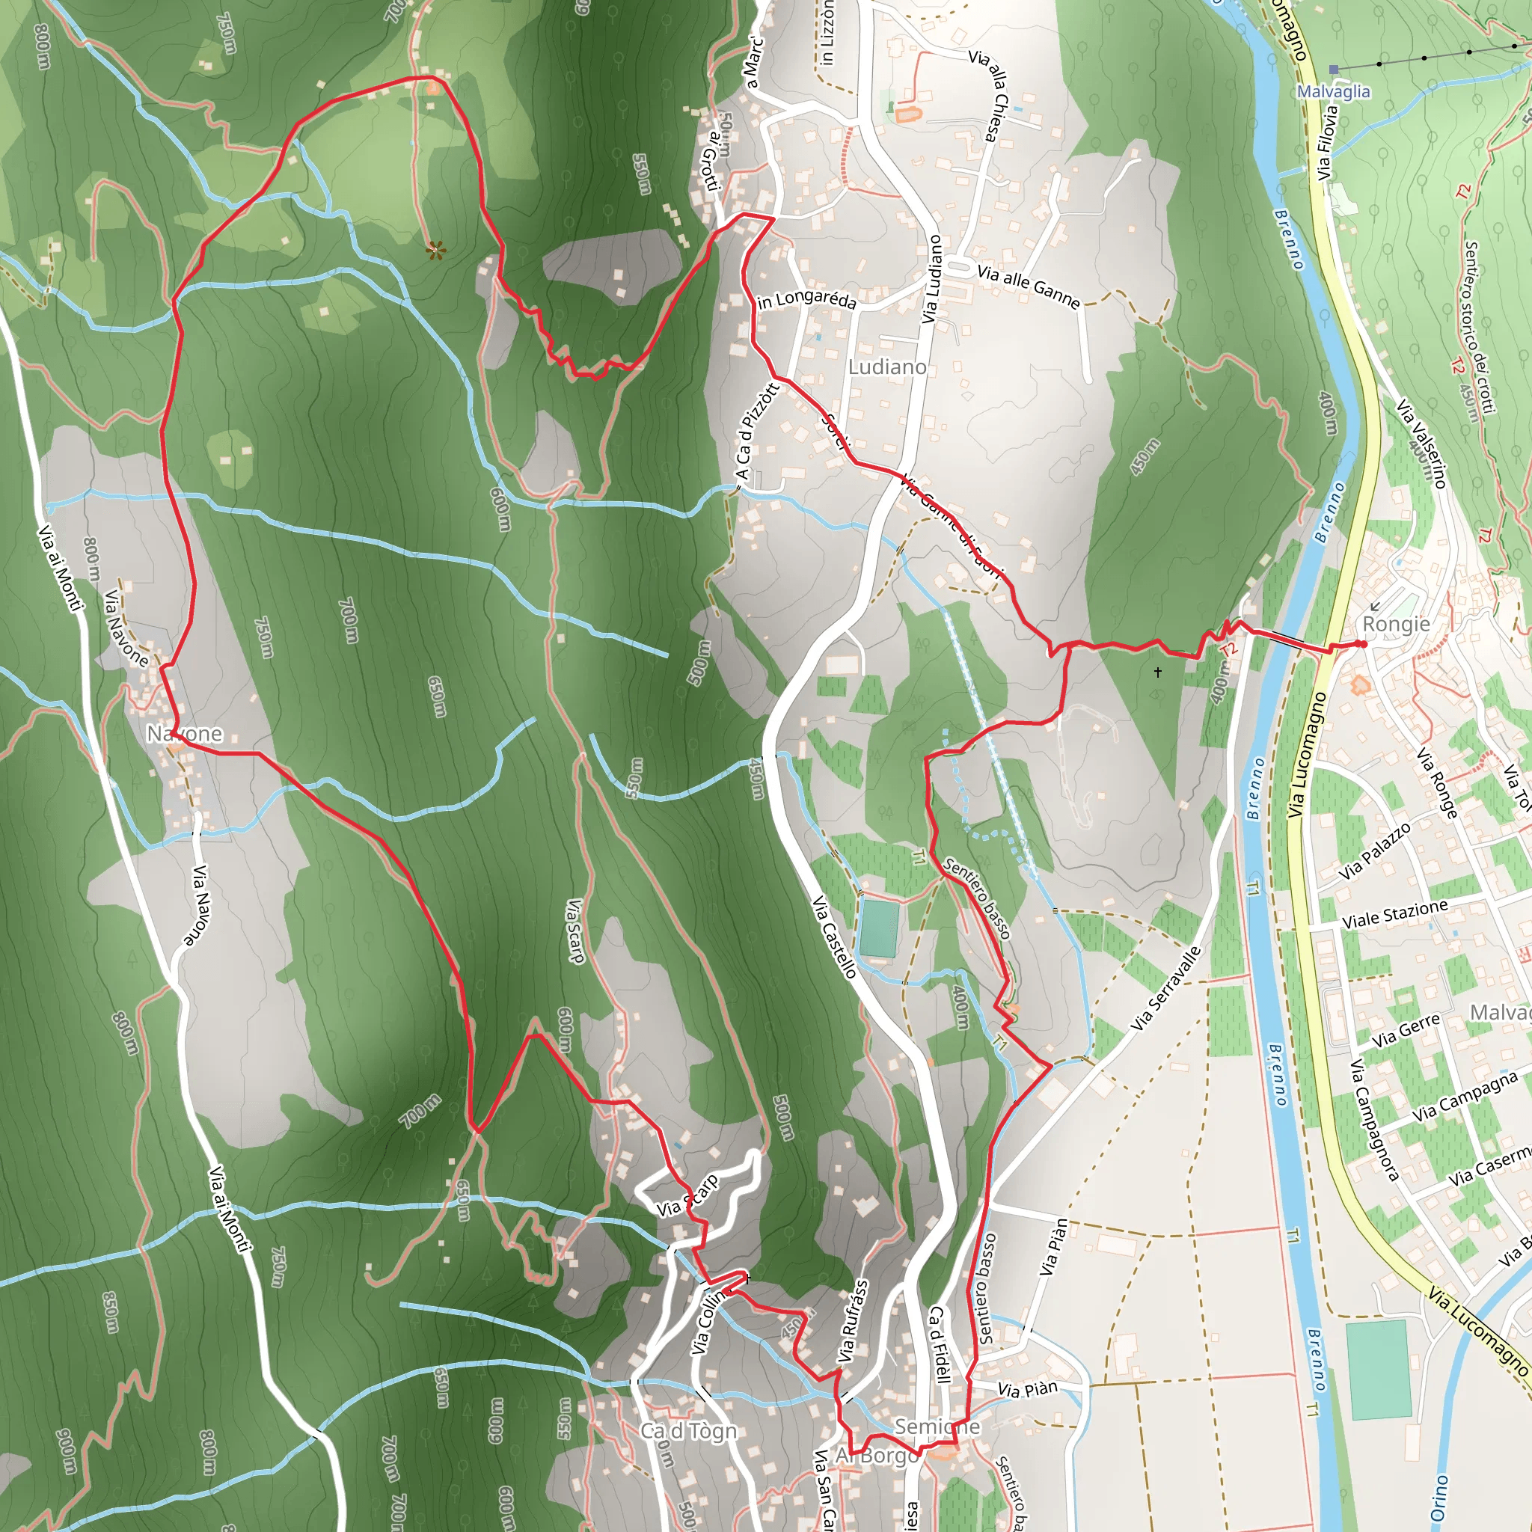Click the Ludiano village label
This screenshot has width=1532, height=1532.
click(886, 367)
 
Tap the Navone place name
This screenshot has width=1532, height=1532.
click(184, 734)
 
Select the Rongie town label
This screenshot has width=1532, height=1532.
click(1396, 624)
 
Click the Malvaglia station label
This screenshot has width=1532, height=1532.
click(1333, 92)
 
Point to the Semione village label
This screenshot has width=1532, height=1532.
click(937, 1427)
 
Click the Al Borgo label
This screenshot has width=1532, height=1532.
click(877, 1456)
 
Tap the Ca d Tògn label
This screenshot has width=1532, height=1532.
click(688, 1431)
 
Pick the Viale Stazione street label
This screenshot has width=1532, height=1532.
click(1395, 914)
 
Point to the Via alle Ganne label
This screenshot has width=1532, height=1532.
click(1028, 287)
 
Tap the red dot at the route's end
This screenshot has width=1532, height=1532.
click(1362, 644)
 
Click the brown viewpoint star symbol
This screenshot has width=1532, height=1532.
click(435, 251)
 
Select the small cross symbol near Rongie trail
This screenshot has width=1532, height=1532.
click(1158, 672)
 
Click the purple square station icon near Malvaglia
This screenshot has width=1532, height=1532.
click(1334, 70)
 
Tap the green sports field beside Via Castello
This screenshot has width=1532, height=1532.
click(877, 928)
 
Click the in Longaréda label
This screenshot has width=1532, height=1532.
click(806, 301)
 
